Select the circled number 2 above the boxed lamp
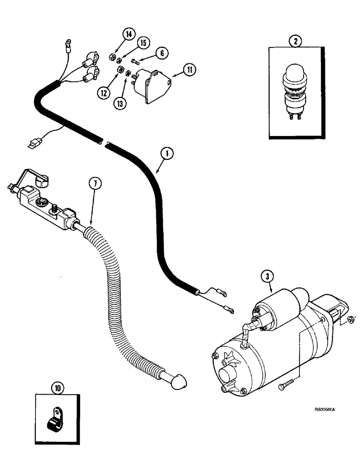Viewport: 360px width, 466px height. pyautogui.click(x=294, y=41)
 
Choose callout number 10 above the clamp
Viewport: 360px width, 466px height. pyautogui.click(x=57, y=387)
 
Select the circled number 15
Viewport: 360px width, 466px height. pyautogui.click(x=143, y=43)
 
